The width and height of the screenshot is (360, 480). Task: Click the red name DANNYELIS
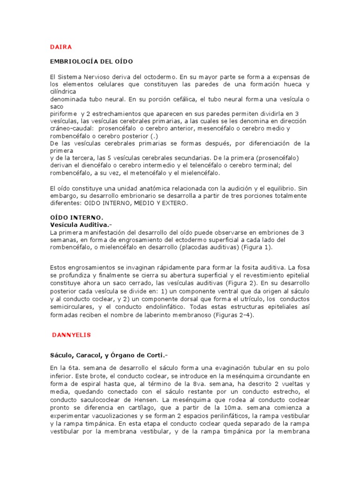click(x=71, y=335)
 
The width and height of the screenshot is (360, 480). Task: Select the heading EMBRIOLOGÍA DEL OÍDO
click(x=91, y=61)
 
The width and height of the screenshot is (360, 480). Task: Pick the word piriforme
click(x=64, y=114)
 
